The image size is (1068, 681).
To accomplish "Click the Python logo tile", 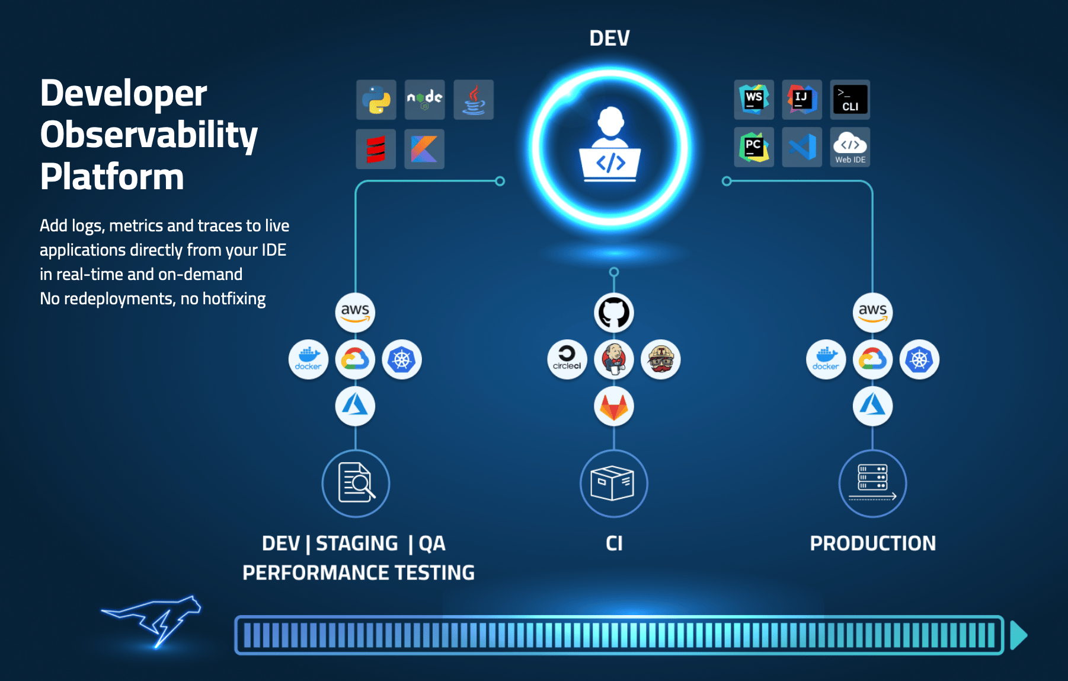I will [376, 100].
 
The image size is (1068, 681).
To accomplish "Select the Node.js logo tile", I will [424, 100].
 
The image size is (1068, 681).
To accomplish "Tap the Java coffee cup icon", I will [474, 100].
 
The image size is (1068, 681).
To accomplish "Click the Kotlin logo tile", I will [424, 148].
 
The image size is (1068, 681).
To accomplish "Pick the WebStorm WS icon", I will [754, 99].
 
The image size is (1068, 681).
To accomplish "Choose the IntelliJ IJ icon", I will [802, 99].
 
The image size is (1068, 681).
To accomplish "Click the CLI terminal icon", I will [850, 99].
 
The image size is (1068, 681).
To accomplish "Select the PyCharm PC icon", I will [754, 147].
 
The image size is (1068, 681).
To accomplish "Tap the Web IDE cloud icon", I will [850, 147].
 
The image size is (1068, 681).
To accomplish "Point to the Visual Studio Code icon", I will [802, 147].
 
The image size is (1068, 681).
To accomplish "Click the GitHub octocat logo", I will [614, 313].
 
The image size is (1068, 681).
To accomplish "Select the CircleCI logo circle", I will [567, 359].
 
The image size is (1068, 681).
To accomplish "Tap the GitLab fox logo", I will [614, 406].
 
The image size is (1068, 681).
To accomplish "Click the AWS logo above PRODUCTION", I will [872, 313].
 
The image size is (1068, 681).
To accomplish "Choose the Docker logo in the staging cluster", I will [308, 359].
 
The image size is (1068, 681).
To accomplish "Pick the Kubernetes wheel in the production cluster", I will [919, 359].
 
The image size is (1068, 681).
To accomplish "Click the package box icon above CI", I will [613, 483].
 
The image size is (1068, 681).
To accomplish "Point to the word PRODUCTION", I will [872, 543].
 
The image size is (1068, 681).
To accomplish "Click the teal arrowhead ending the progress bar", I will [1018, 635].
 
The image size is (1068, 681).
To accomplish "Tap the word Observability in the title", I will [149, 135].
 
